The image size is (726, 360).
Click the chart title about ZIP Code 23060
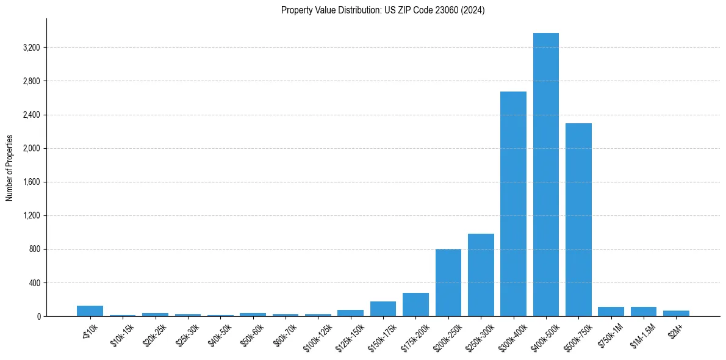coord(383,10)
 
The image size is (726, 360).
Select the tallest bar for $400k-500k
coord(545,175)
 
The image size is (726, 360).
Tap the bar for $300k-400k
coord(513,204)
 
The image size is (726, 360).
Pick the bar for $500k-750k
coord(578,220)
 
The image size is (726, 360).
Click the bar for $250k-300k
coord(481,275)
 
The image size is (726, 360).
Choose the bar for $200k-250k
coord(448,283)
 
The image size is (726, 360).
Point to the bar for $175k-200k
coord(415,304)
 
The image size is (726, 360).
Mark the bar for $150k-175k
coord(383,309)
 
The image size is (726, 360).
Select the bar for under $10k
coord(90,311)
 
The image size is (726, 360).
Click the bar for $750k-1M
coord(611,311)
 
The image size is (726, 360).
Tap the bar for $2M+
coord(676,313)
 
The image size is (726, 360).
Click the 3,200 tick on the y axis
coord(31,48)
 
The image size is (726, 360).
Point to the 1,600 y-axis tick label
coord(31,182)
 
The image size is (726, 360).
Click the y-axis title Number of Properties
coord(10,168)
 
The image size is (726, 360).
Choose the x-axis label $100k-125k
coord(317,336)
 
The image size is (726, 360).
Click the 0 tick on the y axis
coord(38,317)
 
